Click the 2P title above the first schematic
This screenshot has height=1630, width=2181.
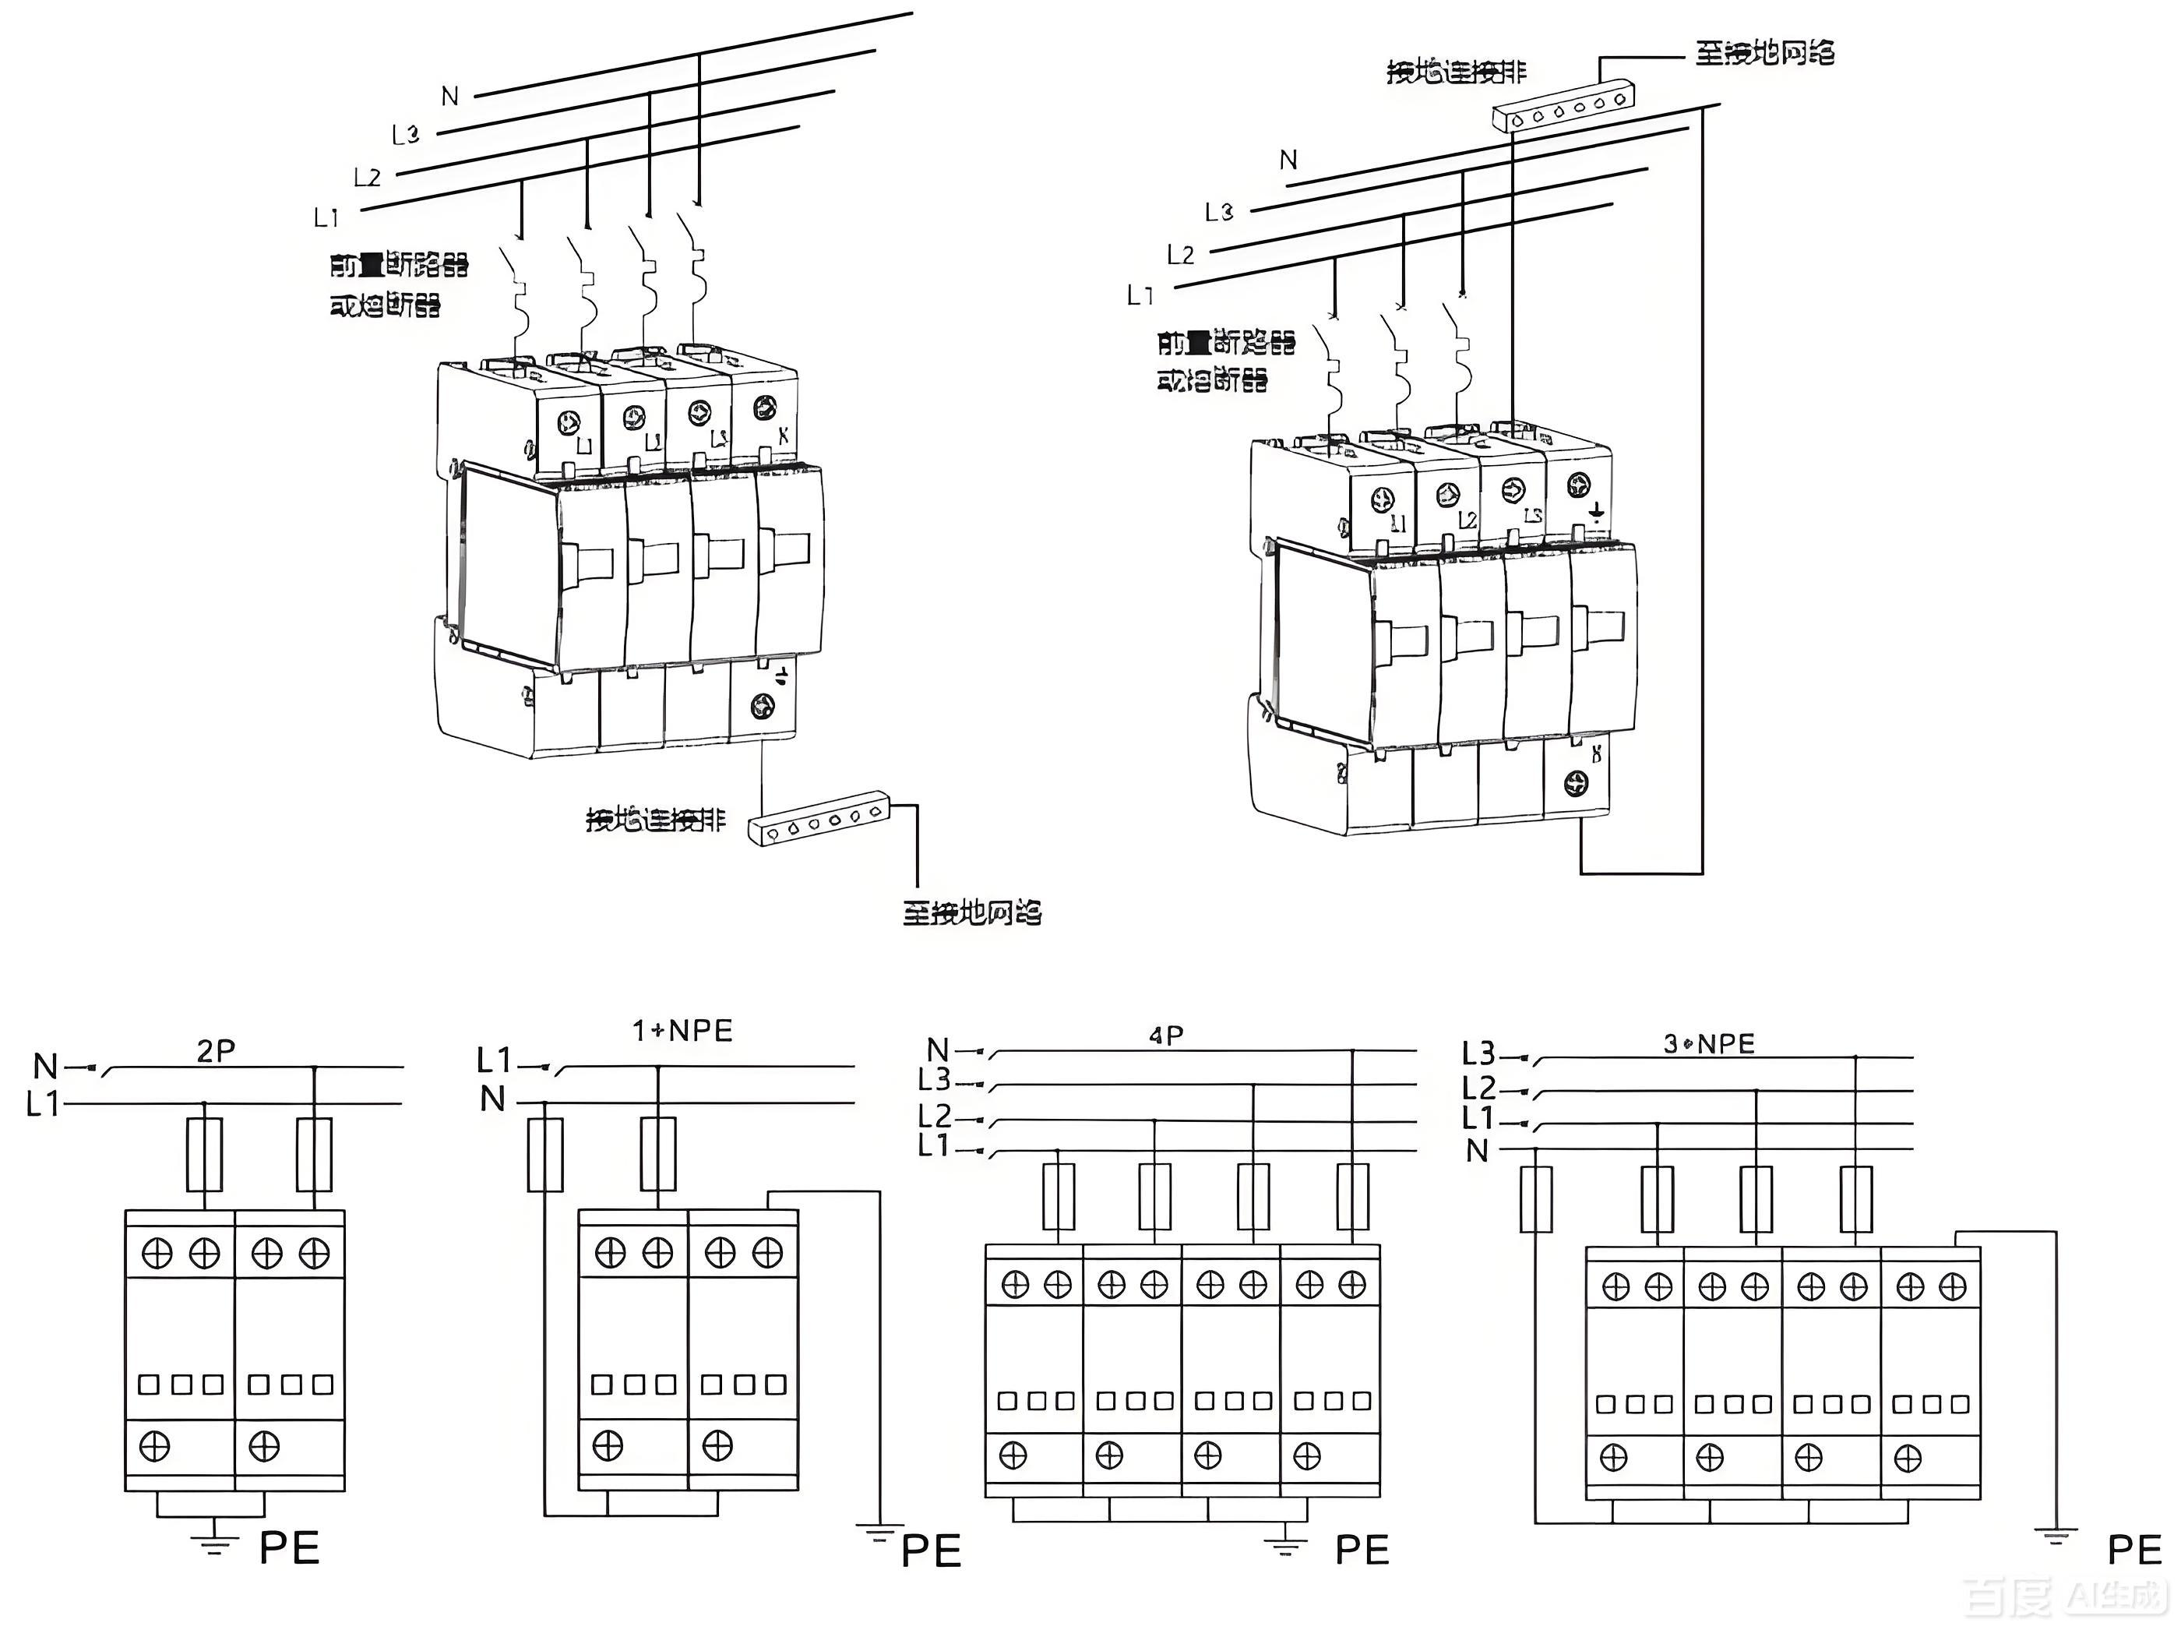tap(216, 1051)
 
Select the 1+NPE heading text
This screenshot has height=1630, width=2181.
tap(682, 1032)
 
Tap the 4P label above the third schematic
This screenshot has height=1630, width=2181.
tap(1166, 1036)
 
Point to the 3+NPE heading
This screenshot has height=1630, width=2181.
tap(1709, 1044)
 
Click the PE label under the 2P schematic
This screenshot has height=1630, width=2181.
tap(289, 1549)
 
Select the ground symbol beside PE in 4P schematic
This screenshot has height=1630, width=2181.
tap(1284, 1541)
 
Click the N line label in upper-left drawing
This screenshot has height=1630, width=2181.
tap(450, 97)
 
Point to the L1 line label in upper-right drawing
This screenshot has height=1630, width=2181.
tap(1140, 295)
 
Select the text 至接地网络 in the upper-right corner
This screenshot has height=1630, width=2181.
tap(1764, 53)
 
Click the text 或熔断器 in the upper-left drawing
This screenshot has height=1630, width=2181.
tap(385, 305)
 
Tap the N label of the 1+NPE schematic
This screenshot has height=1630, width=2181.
tap(492, 1099)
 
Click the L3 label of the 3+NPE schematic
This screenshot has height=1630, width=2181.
tap(1478, 1054)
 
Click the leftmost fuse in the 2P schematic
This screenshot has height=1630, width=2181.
tap(204, 1155)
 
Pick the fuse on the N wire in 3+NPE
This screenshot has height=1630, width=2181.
tap(1536, 1199)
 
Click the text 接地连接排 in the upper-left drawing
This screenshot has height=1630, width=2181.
tap(656, 820)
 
